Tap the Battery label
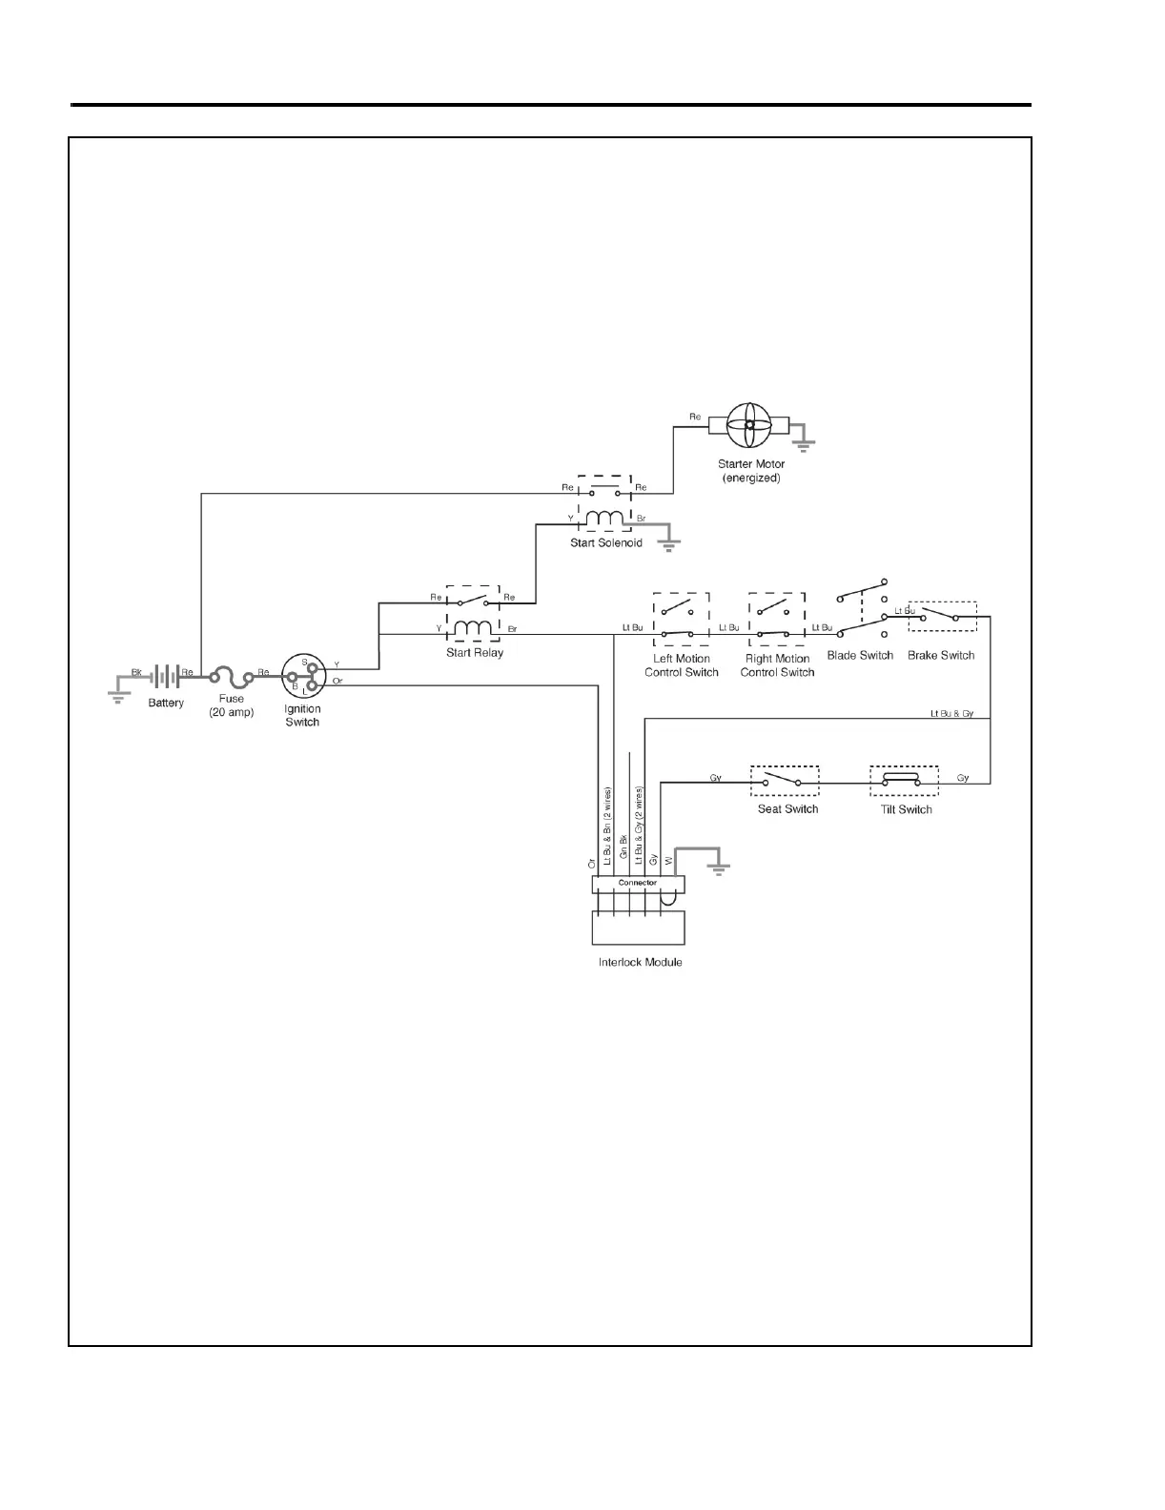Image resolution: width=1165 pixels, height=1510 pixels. [x=166, y=704]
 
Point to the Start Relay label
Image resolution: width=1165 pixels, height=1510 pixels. [x=475, y=653]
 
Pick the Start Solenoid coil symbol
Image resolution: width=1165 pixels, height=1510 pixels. [x=603, y=520]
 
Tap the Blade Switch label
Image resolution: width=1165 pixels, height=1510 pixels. [x=860, y=656]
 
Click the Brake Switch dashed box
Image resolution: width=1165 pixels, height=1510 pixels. [x=942, y=617]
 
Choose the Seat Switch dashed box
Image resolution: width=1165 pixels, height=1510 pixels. [x=784, y=781]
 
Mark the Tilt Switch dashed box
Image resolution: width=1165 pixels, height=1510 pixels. [x=903, y=781]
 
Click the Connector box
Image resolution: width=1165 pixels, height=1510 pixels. [x=638, y=884]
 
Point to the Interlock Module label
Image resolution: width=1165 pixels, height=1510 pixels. [x=640, y=963]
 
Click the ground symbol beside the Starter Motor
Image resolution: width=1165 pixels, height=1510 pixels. [x=805, y=443]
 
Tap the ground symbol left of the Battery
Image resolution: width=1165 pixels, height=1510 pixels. [x=118, y=696]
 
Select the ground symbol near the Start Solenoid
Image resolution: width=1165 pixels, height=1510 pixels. [x=670, y=545]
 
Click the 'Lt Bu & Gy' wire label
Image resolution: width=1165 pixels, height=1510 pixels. [x=952, y=713]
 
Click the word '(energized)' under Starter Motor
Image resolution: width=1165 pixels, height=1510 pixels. [x=751, y=479]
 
